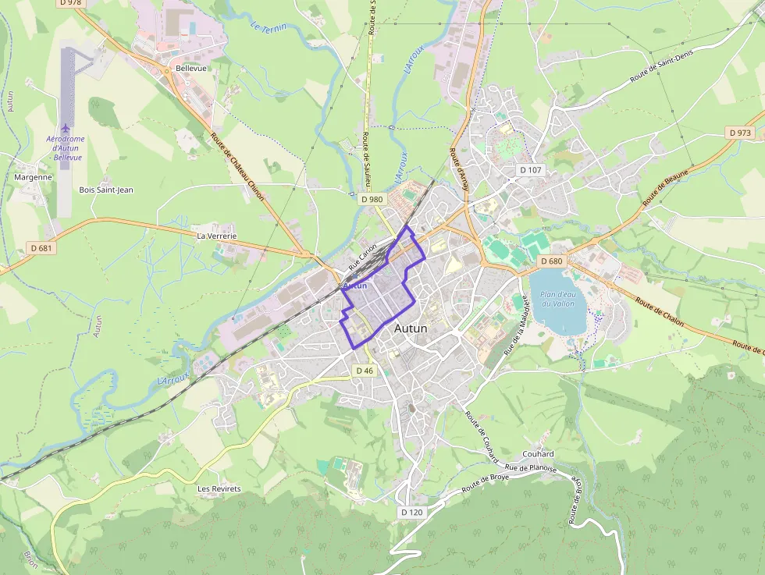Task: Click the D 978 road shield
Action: coord(69,3)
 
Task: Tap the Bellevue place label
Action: coord(191,69)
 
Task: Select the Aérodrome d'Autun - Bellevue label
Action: coord(67,148)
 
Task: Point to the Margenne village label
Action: coord(33,177)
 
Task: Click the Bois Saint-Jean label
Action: coord(106,190)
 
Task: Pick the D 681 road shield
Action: coord(42,248)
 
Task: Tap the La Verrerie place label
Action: coord(216,235)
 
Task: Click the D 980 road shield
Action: coord(372,200)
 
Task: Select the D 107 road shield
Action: coord(530,170)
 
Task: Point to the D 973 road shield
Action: coord(740,133)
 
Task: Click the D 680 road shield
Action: coord(551,261)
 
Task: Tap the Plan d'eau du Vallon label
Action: coord(557,298)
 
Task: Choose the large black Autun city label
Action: coord(411,328)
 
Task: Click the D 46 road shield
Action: coord(365,371)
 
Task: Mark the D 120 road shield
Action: coord(411,513)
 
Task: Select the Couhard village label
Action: coord(538,454)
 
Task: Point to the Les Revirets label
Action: coord(219,489)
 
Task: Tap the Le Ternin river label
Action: coord(269,27)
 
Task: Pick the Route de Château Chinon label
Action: coord(237,166)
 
